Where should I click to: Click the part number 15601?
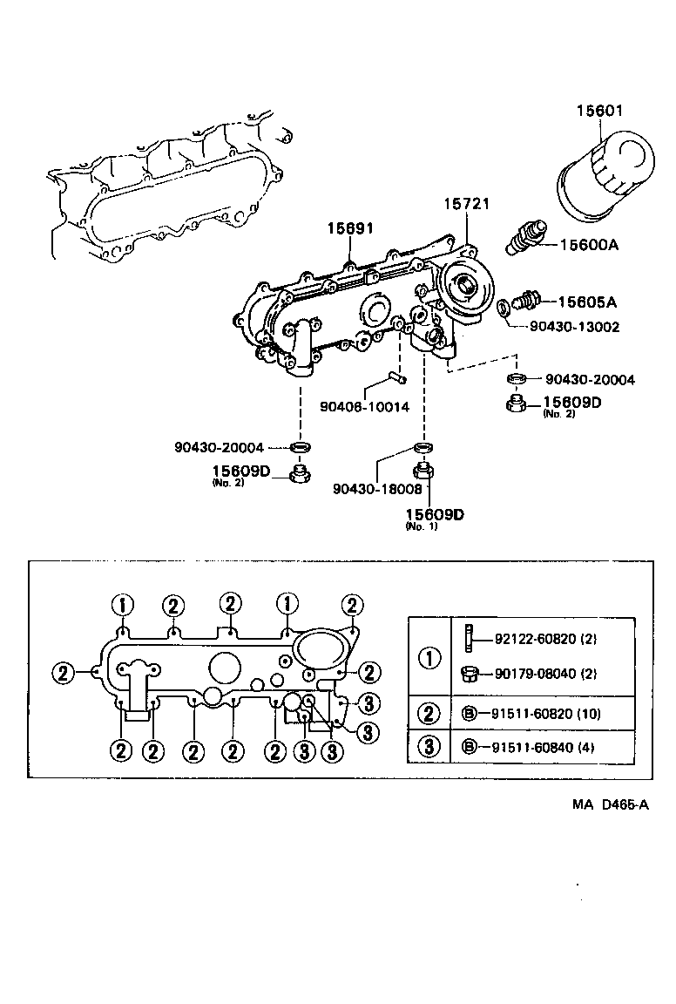(x=600, y=111)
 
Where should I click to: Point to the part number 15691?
(x=350, y=228)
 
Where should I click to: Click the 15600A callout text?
(x=588, y=245)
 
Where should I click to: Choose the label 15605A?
(x=587, y=302)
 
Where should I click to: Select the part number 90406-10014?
(x=364, y=406)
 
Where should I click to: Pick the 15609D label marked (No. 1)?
(x=435, y=514)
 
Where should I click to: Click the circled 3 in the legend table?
(x=429, y=747)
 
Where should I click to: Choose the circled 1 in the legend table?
(x=429, y=657)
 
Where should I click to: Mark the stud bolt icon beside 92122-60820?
(x=469, y=638)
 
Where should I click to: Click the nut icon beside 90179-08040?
(x=469, y=674)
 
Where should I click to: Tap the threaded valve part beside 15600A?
(x=525, y=237)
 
